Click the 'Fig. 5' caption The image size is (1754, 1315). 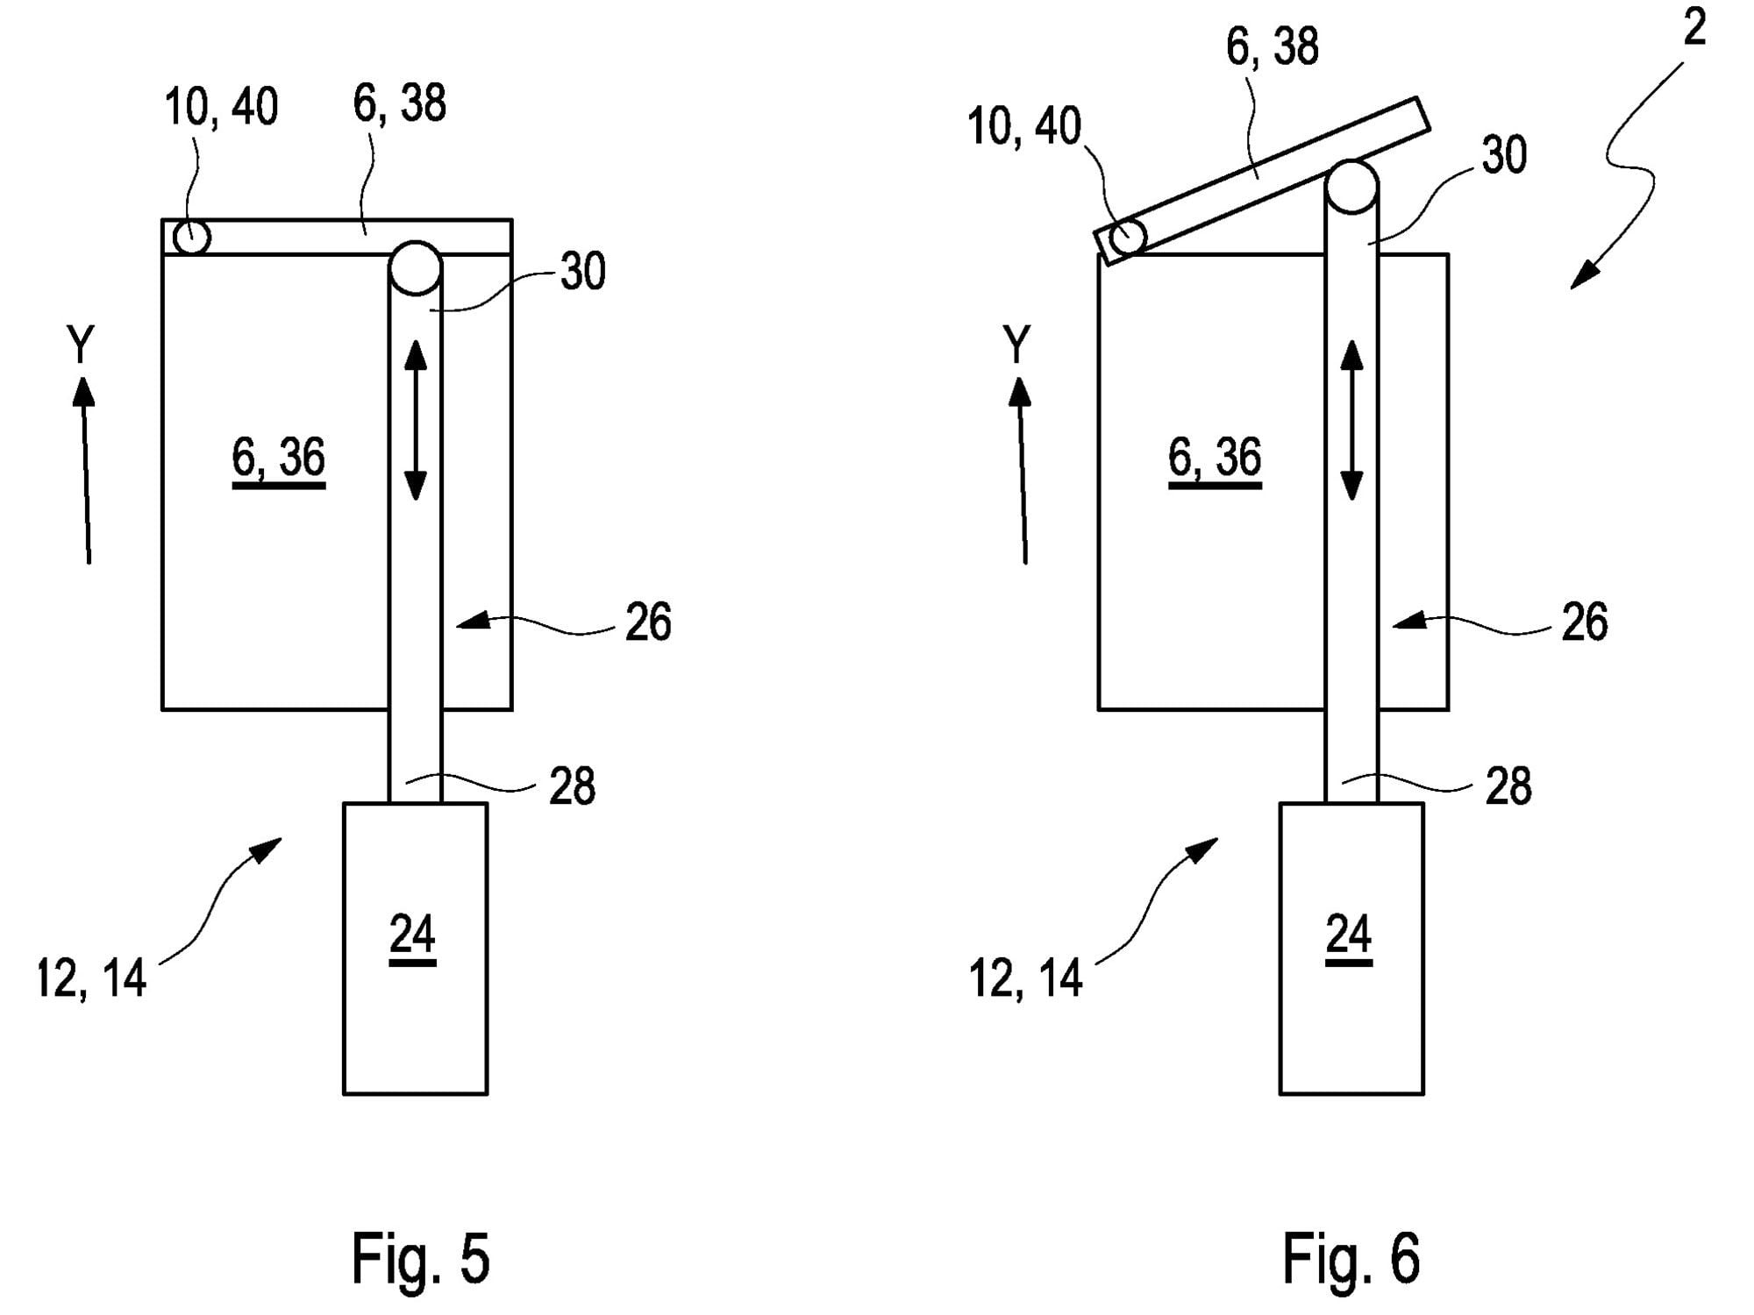click(x=420, y=1258)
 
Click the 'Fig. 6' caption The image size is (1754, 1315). click(x=1351, y=1258)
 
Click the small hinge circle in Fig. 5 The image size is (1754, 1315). click(x=191, y=237)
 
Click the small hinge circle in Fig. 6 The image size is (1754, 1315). click(x=1128, y=237)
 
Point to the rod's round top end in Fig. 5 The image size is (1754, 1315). click(x=415, y=267)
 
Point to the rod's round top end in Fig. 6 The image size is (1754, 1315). click(x=1351, y=187)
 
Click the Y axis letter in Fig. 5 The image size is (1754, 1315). click(x=81, y=344)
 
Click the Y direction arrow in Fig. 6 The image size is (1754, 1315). click(x=1022, y=470)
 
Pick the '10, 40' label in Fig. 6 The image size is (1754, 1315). click(x=1023, y=126)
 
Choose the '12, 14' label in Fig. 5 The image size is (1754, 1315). click(x=91, y=978)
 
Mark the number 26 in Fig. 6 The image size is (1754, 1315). click(x=1584, y=622)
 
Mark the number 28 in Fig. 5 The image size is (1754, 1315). click(x=572, y=785)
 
